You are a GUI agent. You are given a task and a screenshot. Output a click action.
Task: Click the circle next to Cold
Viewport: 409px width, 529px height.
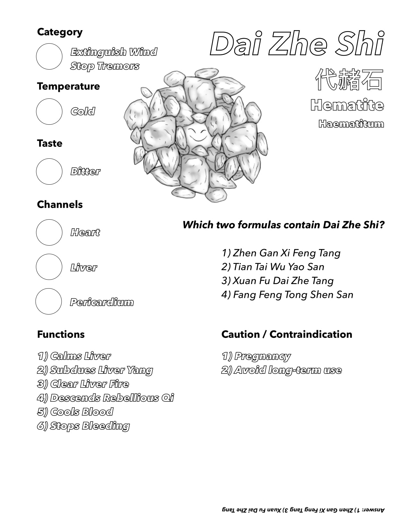(49, 112)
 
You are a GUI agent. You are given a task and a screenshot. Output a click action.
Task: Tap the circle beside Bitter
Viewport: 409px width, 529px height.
(49, 172)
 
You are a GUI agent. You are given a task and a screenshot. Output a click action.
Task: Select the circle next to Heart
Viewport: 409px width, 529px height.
(49, 232)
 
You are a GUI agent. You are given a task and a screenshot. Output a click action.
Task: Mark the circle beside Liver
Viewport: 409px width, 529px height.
(49, 267)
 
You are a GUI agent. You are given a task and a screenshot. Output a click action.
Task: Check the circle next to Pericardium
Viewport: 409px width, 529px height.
(48, 301)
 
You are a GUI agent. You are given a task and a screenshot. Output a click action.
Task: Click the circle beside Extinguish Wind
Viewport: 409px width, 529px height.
(49, 56)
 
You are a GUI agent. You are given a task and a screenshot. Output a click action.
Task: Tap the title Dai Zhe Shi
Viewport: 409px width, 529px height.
(297, 44)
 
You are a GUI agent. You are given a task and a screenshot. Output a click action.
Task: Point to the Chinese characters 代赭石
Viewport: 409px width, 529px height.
(349, 79)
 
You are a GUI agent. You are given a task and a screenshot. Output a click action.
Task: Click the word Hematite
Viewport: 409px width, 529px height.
(347, 105)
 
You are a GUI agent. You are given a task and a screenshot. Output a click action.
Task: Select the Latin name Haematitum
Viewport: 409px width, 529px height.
(351, 124)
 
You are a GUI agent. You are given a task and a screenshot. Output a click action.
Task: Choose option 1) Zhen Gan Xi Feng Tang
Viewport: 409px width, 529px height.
(281, 253)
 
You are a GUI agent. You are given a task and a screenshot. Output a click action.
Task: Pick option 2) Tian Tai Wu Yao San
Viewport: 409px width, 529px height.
(273, 267)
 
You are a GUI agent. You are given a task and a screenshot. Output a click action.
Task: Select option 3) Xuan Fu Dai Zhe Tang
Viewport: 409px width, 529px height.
(277, 281)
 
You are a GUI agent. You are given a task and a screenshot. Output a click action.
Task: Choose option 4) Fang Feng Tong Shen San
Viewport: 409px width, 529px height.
(287, 295)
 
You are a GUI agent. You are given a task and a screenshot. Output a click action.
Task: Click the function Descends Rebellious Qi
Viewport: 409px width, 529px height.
(106, 398)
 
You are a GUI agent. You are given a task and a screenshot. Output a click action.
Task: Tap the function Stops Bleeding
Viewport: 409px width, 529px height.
(83, 426)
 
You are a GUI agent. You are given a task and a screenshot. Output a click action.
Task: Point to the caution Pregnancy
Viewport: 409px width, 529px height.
(256, 356)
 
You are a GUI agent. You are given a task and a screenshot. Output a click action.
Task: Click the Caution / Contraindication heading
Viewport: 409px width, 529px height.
(286, 334)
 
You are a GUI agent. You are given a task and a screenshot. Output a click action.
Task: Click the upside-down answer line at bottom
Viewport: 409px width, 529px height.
(303, 509)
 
